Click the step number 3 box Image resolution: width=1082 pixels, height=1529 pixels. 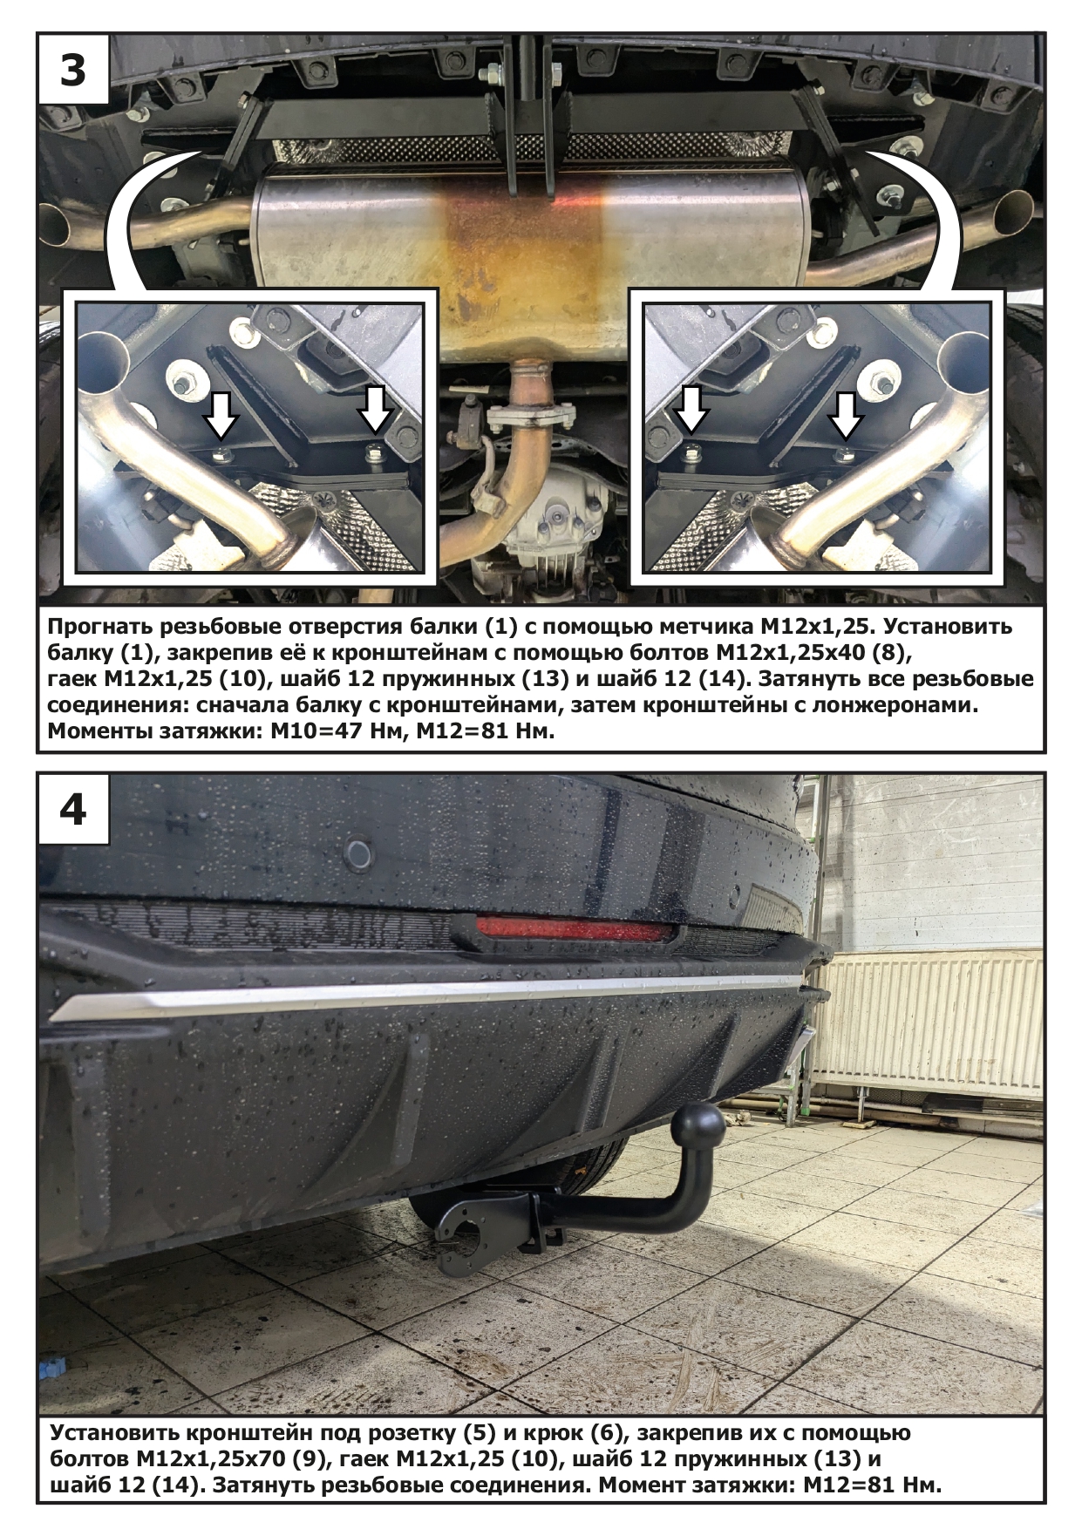[73, 70]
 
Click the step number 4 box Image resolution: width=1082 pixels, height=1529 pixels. [73, 809]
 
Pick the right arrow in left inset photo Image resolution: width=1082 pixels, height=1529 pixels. [376, 410]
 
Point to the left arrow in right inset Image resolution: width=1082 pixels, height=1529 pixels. [691, 410]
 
